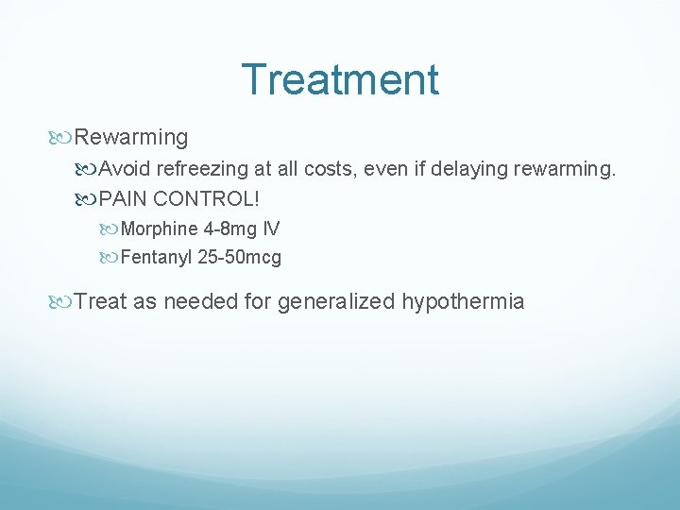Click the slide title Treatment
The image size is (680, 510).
coord(340,79)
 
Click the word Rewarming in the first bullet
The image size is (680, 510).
coord(131,138)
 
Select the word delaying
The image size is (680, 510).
coord(473,171)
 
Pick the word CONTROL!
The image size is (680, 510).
coord(209,200)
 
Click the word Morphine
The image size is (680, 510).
coord(160,229)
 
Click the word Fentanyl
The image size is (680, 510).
coord(158,257)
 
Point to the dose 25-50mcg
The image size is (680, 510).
coord(240,257)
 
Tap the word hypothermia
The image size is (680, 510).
coord(463,302)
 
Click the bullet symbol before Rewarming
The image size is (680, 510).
coord(63,138)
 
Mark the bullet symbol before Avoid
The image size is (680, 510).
coord(88,171)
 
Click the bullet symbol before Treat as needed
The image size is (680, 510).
coord(63,302)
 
